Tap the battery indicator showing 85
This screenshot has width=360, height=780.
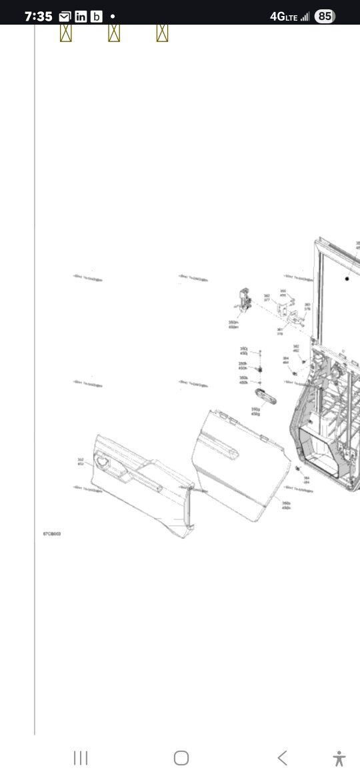[325, 16]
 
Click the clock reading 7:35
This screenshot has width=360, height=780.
[38, 17]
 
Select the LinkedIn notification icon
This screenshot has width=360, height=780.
[81, 17]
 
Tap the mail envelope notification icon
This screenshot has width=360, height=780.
[65, 17]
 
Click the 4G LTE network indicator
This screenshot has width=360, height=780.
[289, 17]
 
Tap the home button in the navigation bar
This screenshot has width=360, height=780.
[181, 758]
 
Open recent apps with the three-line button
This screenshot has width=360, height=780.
[81, 758]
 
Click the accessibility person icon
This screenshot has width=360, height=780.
[339, 758]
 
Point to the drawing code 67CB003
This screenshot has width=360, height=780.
[52, 534]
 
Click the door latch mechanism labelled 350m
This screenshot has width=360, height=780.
[244, 299]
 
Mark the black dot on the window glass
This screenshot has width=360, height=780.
[347, 279]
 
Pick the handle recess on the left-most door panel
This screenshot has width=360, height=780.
[105, 459]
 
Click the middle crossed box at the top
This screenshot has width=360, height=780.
[114, 33]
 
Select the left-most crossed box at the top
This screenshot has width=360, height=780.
[65, 33]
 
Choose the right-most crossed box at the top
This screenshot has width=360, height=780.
[162, 33]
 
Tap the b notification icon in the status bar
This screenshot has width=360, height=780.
[97, 17]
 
